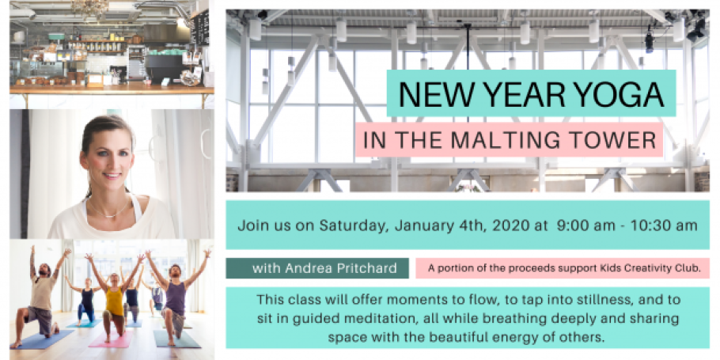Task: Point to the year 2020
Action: (x=506, y=225)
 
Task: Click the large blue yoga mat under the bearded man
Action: (x=44, y=339)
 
